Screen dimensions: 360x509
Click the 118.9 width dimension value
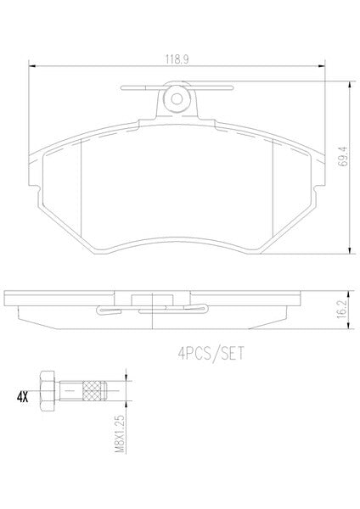coord(177,59)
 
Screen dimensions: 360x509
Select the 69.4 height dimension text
coord(343,156)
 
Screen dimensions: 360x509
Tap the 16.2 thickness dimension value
coord(342,309)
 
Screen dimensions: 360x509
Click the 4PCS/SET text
coord(211,353)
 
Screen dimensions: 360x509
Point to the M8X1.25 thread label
coord(120,433)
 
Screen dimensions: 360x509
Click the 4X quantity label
coord(22,397)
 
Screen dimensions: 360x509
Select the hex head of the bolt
coord(47,390)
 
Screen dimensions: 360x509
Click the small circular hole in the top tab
coord(177,99)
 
